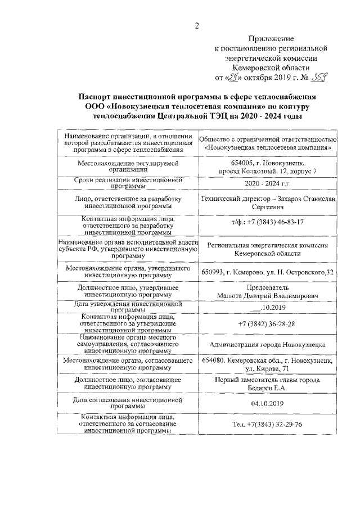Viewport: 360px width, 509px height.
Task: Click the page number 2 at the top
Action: pos(197,24)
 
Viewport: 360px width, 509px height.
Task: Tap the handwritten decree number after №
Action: pos(319,78)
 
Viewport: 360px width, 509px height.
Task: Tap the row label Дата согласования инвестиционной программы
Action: pos(129,403)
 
